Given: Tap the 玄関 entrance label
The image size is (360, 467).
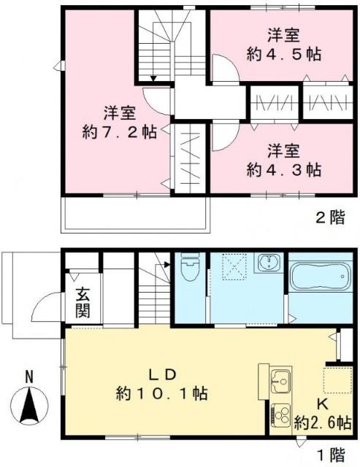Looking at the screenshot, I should [82, 304].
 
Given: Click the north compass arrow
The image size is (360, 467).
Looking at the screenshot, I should [29, 406].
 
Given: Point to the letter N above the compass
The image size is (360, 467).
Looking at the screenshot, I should [29, 377].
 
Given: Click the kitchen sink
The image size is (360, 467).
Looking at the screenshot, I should [280, 380].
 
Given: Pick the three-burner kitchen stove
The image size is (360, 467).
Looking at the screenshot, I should [280, 413].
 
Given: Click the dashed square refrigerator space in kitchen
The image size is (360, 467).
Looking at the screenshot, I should [337, 379].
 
